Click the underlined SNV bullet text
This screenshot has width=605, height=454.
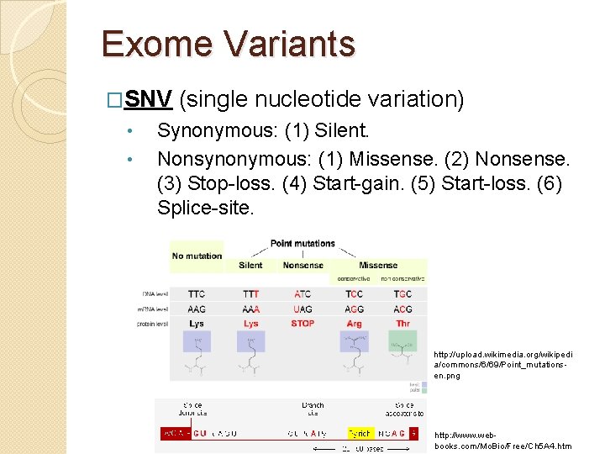(x=149, y=100)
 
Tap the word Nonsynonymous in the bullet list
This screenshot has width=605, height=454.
(x=231, y=159)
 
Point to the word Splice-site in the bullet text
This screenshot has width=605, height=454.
(x=205, y=208)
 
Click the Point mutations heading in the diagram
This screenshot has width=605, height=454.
(x=302, y=244)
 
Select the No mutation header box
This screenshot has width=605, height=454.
(x=197, y=256)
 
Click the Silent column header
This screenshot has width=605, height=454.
(x=250, y=265)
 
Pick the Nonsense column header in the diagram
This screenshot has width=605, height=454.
(x=302, y=265)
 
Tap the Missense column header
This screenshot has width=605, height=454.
(x=378, y=265)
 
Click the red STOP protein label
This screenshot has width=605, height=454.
(x=302, y=324)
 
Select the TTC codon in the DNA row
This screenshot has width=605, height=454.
(x=197, y=294)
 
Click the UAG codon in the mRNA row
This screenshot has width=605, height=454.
(x=302, y=309)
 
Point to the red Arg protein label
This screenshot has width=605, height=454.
(x=354, y=324)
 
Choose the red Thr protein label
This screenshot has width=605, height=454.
(x=402, y=324)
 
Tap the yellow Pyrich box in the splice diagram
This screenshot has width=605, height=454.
(x=360, y=434)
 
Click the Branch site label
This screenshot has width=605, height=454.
(x=312, y=409)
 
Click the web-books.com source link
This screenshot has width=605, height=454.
(x=502, y=440)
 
